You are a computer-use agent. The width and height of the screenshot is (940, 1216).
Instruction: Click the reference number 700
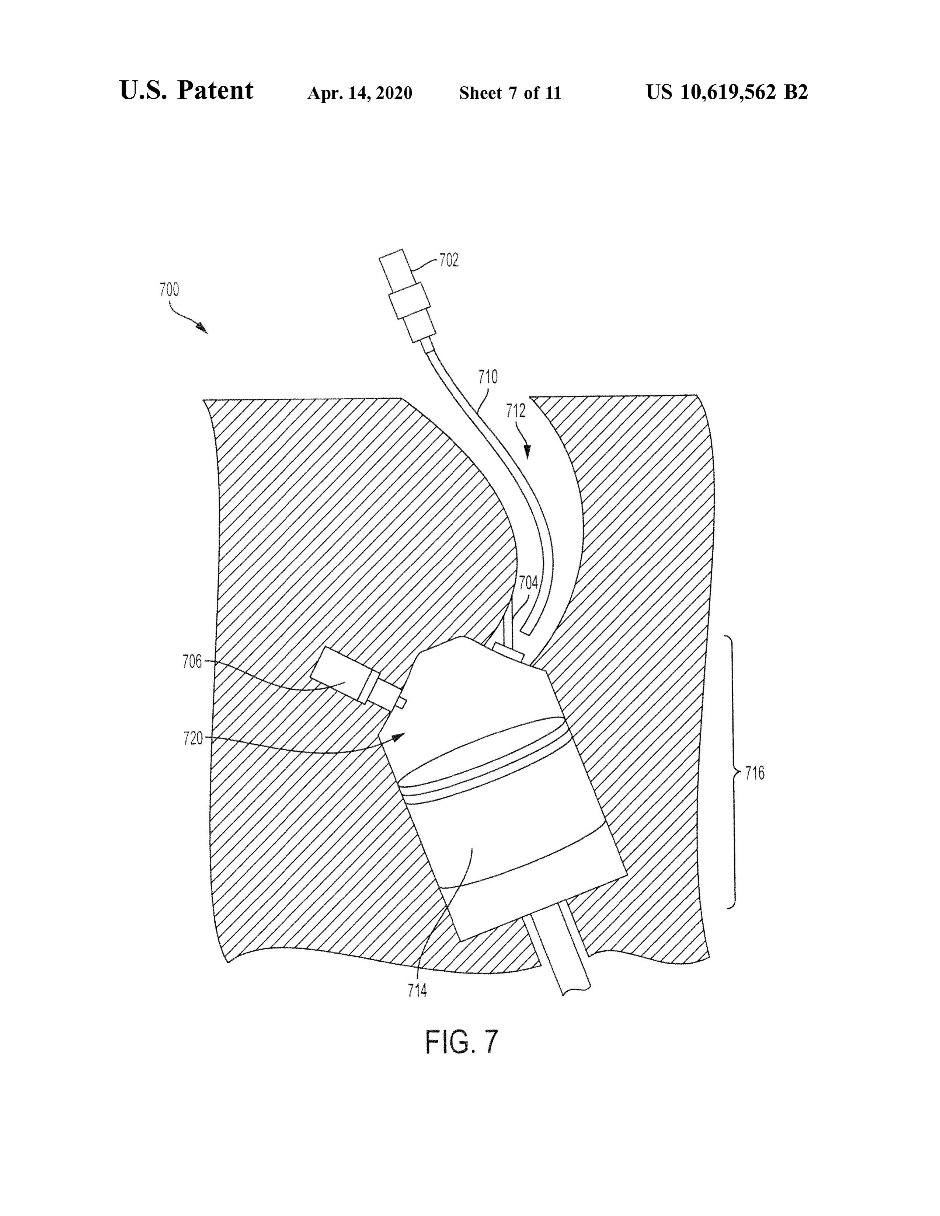tap(169, 290)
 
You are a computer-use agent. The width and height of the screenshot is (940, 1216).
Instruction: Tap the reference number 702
tap(449, 260)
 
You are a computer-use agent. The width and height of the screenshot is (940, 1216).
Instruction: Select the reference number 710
tap(488, 377)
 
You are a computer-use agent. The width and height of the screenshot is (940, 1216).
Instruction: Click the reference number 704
tap(529, 583)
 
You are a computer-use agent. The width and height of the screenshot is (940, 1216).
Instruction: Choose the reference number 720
tap(193, 739)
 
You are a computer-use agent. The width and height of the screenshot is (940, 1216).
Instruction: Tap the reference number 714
tap(417, 990)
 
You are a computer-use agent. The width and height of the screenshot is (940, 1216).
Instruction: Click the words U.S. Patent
tap(187, 90)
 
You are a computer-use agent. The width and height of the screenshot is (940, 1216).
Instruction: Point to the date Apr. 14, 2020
tap(360, 93)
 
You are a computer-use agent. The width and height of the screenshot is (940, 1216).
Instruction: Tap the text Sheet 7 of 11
tap(510, 93)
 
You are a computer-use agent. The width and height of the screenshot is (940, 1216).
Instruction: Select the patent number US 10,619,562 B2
tap(727, 92)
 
